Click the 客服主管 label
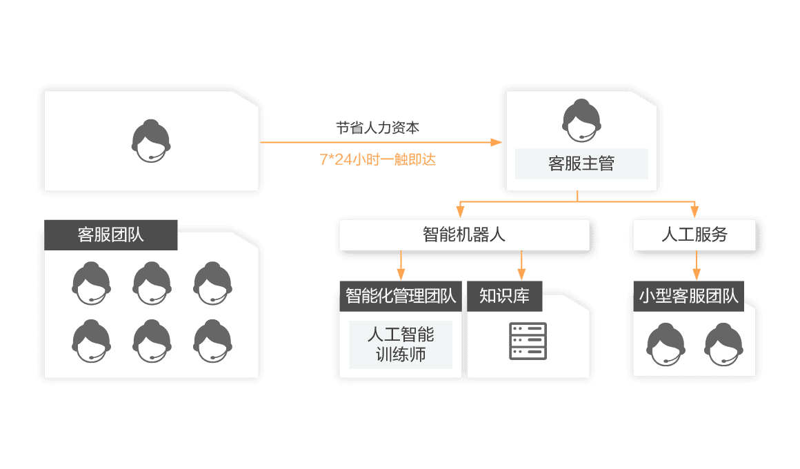pyautogui.click(x=581, y=164)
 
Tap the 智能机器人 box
pyautogui.click(x=464, y=234)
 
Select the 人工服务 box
pyautogui.click(x=694, y=234)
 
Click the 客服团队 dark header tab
pyautogui.click(x=111, y=234)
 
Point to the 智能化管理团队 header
pyautogui.click(x=401, y=297)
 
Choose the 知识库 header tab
pyautogui.click(x=505, y=297)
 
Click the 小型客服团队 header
pyautogui.click(x=688, y=297)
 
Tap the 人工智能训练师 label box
pyautogui.click(x=401, y=345)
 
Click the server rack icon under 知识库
pyautogui.click(x=528, y=341)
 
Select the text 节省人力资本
pyautogui.click(x=377, y=128)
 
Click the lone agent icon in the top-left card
pyautogui.click(x=151, y=141)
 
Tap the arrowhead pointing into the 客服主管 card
pyautogui.click(x=495, y=142)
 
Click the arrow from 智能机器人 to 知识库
pyautogui.click(x=521, y=266)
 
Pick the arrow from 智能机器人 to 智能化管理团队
pyautogui.click(x=401, y=266)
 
